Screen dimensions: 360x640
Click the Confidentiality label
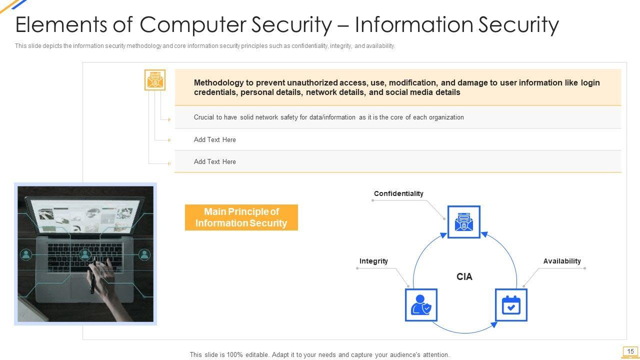click(398, 193)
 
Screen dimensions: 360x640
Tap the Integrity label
click(373, 261)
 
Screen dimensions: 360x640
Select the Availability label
click(562, 261)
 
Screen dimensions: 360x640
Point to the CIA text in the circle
click(464, 276)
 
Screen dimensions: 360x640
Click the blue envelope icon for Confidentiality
click(463, 222)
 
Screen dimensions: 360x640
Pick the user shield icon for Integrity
click(421, 304)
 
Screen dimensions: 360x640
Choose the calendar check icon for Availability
click(511, 304)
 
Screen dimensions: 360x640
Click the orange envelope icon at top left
click(155, 80)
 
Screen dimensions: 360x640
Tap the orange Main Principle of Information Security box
click(241, 217)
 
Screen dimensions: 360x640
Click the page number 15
click(630, 351)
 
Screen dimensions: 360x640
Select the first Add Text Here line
click(214, 139)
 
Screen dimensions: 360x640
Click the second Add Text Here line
click(214, 161)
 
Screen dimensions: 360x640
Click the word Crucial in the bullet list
click(203, 117)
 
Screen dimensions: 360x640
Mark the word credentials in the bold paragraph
click(215, 92)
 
